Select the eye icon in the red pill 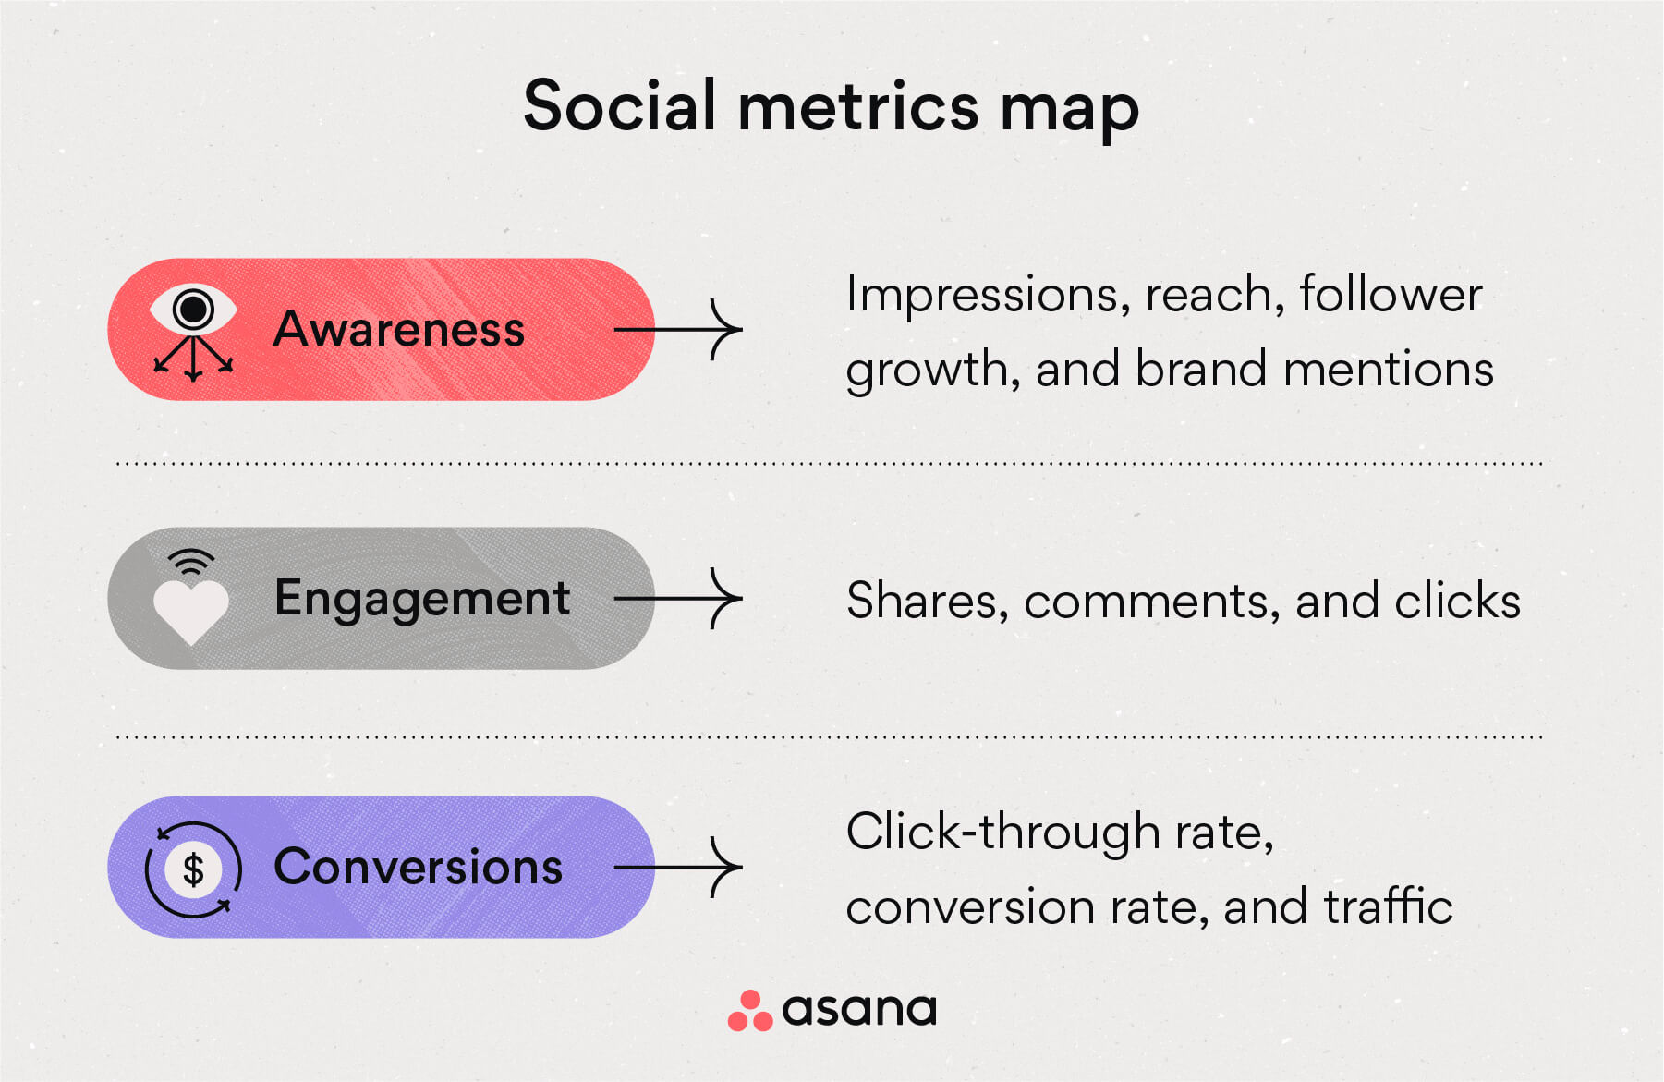[193, 310]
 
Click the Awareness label [399, 330]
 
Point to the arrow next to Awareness [679, 329]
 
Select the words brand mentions [1314, 370]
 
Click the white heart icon [190, 611]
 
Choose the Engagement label [422, 599]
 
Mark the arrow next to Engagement [679, 599]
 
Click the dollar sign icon [193, 869]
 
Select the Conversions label [418, 868]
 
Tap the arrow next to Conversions [679, 867]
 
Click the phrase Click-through [1002, 832]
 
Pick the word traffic [1388, 906]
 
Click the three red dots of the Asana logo [749, 1012]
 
